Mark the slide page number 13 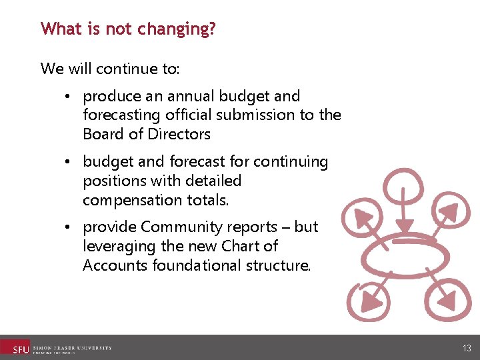pos(466,348)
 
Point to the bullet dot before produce pos(69,97)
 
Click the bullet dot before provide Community pos(69,227)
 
